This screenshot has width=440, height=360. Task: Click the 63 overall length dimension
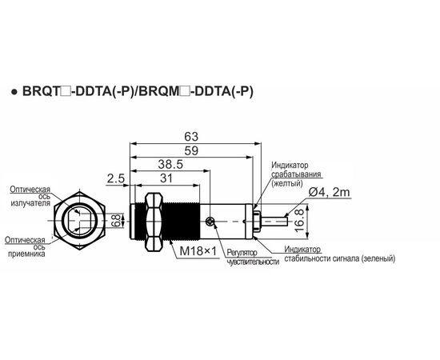pos(191,137)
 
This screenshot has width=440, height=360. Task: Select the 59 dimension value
pos(191,151)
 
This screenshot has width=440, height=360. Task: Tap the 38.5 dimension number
pos(170,165)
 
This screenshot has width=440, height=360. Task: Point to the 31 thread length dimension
pos(166,178)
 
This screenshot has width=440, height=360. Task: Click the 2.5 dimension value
pos(116,178)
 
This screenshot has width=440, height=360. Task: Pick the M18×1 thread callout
pos(198,251)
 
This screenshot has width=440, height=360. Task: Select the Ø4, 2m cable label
pos(330,193)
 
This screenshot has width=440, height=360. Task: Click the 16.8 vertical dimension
pos(300,221)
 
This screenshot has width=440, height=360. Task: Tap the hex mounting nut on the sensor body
pos(154,222)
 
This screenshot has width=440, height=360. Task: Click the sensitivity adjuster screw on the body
pos(209,222)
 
